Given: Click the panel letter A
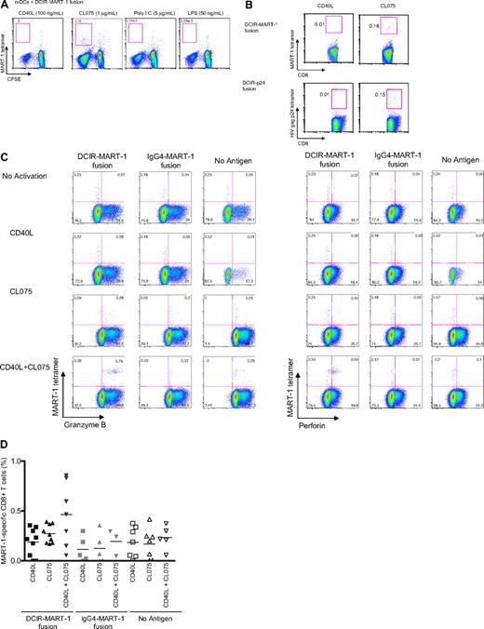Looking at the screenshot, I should (5, 5).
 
